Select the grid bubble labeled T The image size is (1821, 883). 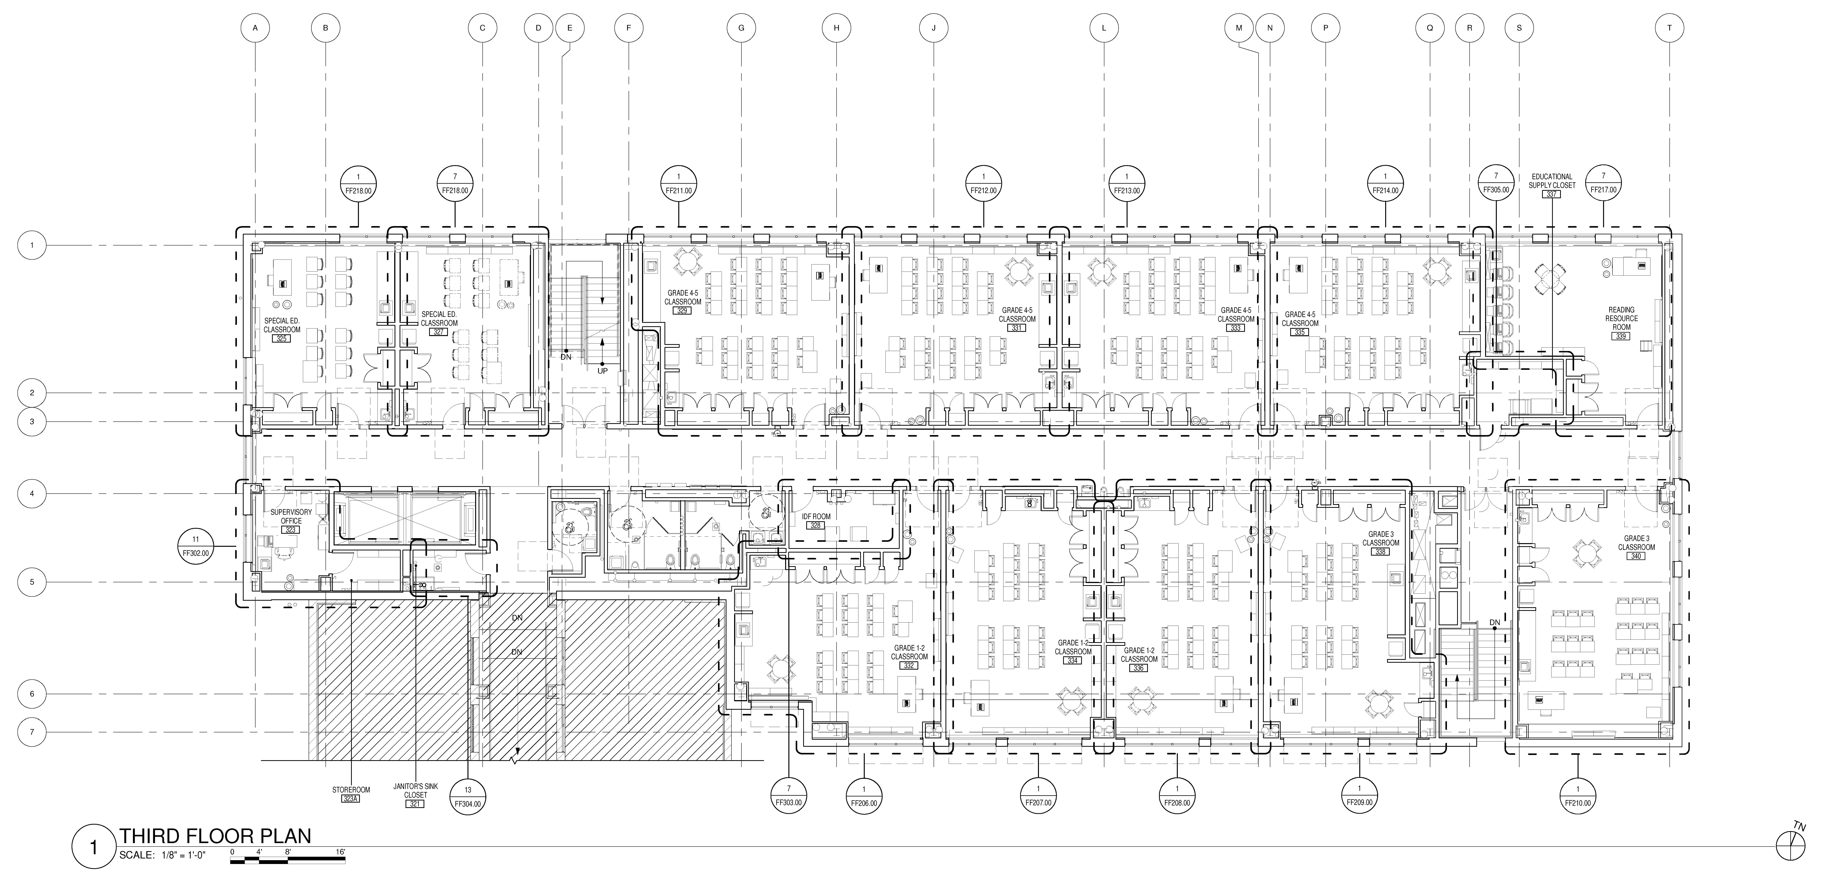1670,28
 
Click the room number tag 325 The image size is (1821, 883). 282,339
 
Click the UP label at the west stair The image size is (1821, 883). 602,370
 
